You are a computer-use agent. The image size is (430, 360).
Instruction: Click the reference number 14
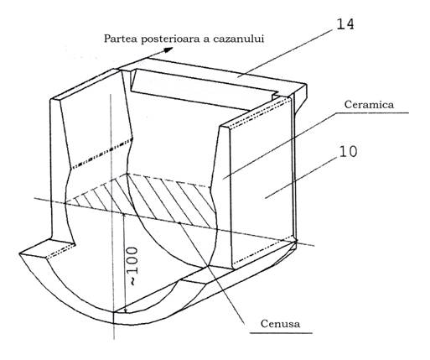345,24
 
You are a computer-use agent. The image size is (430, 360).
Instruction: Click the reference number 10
348,151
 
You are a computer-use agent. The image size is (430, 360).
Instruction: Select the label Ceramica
369,104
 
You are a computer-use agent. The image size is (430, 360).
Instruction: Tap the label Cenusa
280,324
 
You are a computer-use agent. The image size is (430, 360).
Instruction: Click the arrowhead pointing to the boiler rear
168,50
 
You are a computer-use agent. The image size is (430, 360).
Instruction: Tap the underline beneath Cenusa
281,333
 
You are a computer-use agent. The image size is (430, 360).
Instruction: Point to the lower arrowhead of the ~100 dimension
126,310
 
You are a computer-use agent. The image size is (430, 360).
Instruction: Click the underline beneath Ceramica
371,112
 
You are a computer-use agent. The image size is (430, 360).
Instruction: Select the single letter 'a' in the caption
207,39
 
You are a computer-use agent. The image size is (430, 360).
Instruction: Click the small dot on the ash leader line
179,223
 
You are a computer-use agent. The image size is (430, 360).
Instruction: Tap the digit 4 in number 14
350,24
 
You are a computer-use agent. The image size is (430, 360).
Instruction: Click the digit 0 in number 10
353,152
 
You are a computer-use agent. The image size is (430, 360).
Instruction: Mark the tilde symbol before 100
133,282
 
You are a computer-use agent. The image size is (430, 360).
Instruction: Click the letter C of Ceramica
348,104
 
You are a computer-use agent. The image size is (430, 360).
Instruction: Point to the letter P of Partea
107,39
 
